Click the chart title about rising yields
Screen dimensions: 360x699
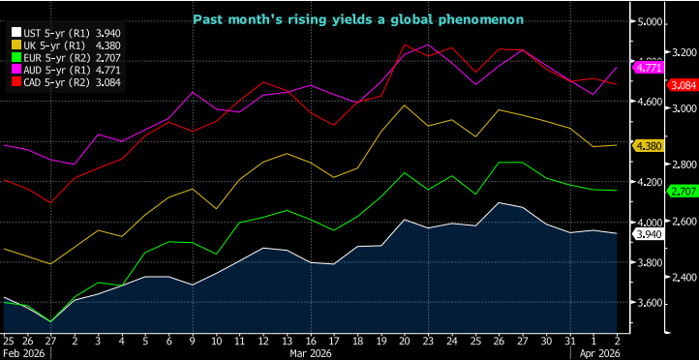[x=357, y=18]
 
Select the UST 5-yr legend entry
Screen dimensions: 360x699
[x=61, y=32]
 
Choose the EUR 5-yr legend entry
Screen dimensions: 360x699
[x=61, y=59]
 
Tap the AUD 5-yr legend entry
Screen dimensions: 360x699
[x=61, y=72]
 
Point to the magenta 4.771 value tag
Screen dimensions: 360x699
[x=648, y=68]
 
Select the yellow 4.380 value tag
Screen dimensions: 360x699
[x=648, y=146]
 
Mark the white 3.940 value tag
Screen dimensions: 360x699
[x=648, y=233]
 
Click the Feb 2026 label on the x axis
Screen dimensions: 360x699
[x=24, y=353]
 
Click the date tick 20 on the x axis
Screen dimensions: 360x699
[x=404, y=341]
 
